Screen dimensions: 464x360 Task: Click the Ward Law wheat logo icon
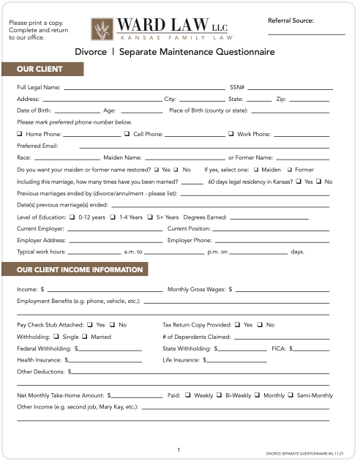coord(102,29)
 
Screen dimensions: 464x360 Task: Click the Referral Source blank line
coord(306,34)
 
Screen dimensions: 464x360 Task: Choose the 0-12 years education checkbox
coord(72,217)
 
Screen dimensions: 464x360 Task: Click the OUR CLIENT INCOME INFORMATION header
coord(80,270)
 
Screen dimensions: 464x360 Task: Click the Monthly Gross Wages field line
coord(282,290)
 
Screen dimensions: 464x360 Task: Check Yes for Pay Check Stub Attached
coord(89,324)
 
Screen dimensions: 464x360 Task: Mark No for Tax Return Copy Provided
coord(260,324)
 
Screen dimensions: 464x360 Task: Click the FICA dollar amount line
coord(312,350)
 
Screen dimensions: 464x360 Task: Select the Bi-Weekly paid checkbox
coord(219,395)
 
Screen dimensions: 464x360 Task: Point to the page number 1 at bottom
coord(179,449)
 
